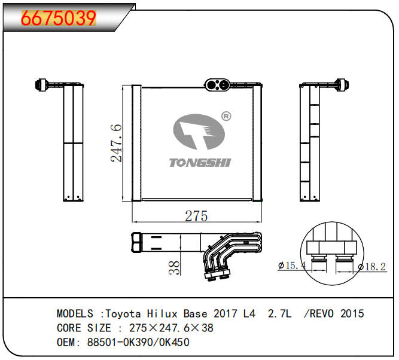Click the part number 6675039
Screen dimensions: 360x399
[59, 19]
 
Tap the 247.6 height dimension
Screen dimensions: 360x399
[117, 143]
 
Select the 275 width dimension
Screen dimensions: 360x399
[196, 216]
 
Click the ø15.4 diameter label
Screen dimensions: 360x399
[293, 265]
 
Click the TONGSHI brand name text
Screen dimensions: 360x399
[200, 163]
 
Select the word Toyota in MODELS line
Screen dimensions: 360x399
[123, 313]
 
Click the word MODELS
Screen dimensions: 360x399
[75, 313]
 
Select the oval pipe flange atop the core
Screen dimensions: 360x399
[217, 85]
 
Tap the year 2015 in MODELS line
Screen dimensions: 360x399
[352, 313]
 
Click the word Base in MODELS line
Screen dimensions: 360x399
[196, 313]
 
